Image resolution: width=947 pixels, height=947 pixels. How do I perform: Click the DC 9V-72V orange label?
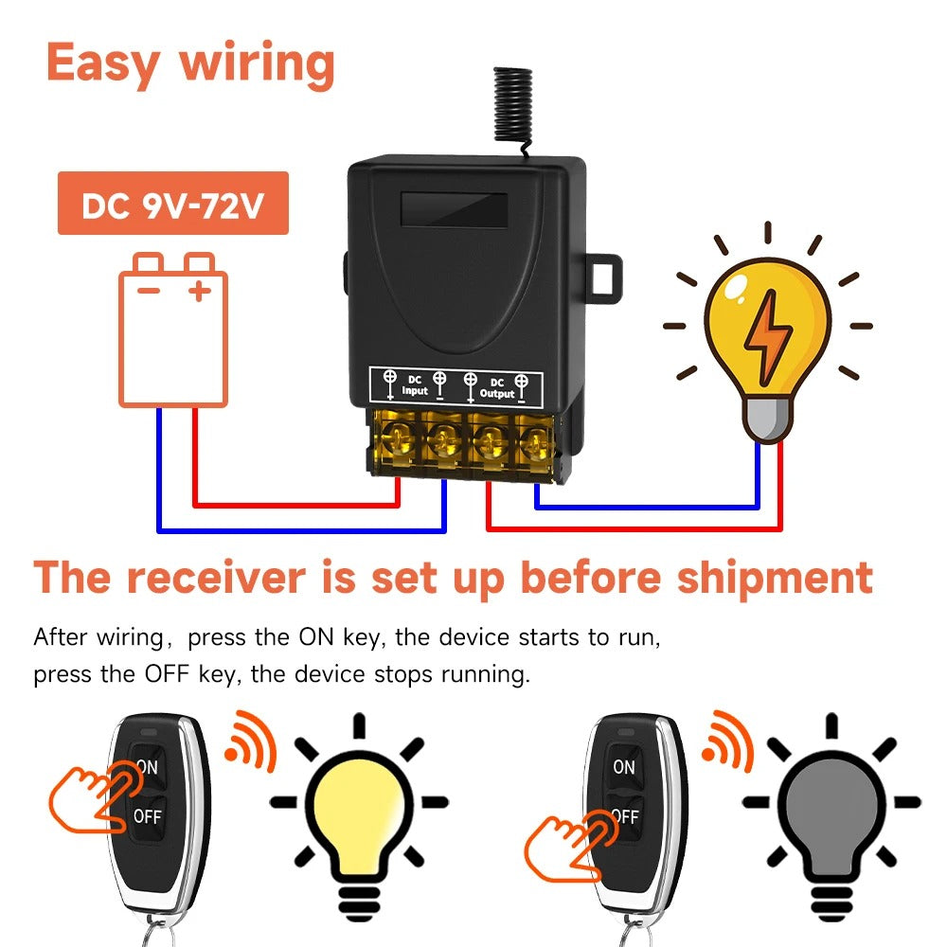coord(172,204)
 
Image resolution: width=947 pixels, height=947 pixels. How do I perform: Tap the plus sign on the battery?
coord(199,290)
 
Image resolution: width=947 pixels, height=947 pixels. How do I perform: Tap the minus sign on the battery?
coord(149,290)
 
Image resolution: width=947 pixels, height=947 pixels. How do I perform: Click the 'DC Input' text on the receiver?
coord(415,384)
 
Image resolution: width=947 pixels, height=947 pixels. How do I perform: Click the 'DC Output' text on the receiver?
coord(497,387)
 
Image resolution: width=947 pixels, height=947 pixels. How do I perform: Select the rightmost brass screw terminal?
coord(532,438)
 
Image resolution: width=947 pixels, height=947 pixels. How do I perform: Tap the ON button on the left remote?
coord(148,766)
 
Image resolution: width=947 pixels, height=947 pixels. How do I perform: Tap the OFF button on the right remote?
coord(624,813)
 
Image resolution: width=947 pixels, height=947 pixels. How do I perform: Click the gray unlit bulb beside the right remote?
coord(831,805)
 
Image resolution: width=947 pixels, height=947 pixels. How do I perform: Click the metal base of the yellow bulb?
coord(766,420)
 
